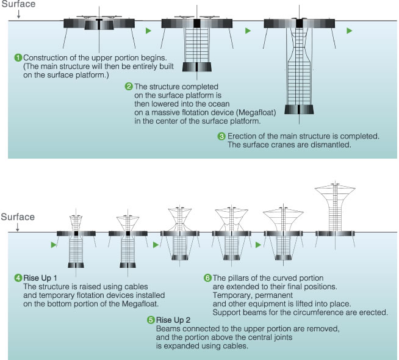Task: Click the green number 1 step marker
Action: coord(18,57)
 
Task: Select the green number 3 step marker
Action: coord(221,136)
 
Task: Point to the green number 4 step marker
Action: coord(18,278)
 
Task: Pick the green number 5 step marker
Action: coord(151,320)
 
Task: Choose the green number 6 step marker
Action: coord(207,278)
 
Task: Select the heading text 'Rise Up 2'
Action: coord(173,320)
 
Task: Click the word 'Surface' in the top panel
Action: coord(18,4)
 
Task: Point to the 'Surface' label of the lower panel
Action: coord(18,217)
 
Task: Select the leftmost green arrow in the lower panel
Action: coord(54,245)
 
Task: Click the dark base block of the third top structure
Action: coord(298,110)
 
